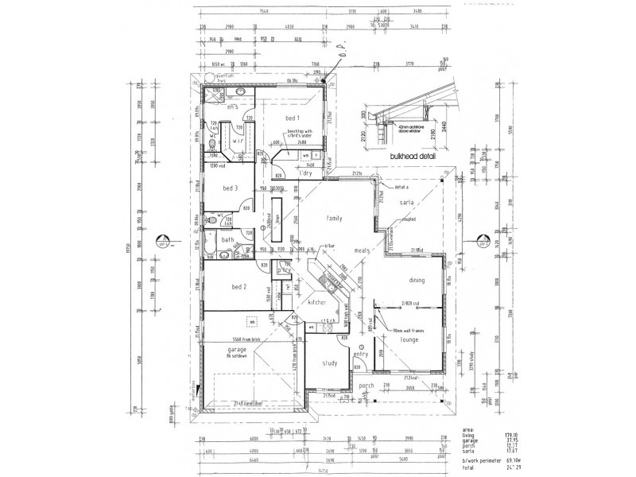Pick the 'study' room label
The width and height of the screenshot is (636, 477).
tap(332, 363)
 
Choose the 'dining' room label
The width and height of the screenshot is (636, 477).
tap(416, 280)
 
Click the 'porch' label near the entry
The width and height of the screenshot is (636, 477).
tap(366, 386)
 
